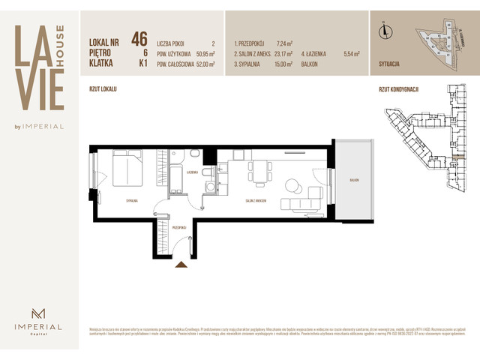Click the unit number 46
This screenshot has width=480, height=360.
[139, 39]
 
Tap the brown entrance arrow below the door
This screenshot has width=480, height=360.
[180, 264]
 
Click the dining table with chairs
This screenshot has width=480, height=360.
[259, 172]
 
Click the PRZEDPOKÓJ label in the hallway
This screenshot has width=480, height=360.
[178, 226]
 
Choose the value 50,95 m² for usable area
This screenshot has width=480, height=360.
[205, 54]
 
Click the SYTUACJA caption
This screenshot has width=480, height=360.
[391, 66]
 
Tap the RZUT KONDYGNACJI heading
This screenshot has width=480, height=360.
[398, 89]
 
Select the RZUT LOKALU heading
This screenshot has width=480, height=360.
[103, 89]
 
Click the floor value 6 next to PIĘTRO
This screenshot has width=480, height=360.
[144, 54]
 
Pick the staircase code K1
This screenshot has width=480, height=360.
[142, 64]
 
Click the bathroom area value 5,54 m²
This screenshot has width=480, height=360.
[352, 54]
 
